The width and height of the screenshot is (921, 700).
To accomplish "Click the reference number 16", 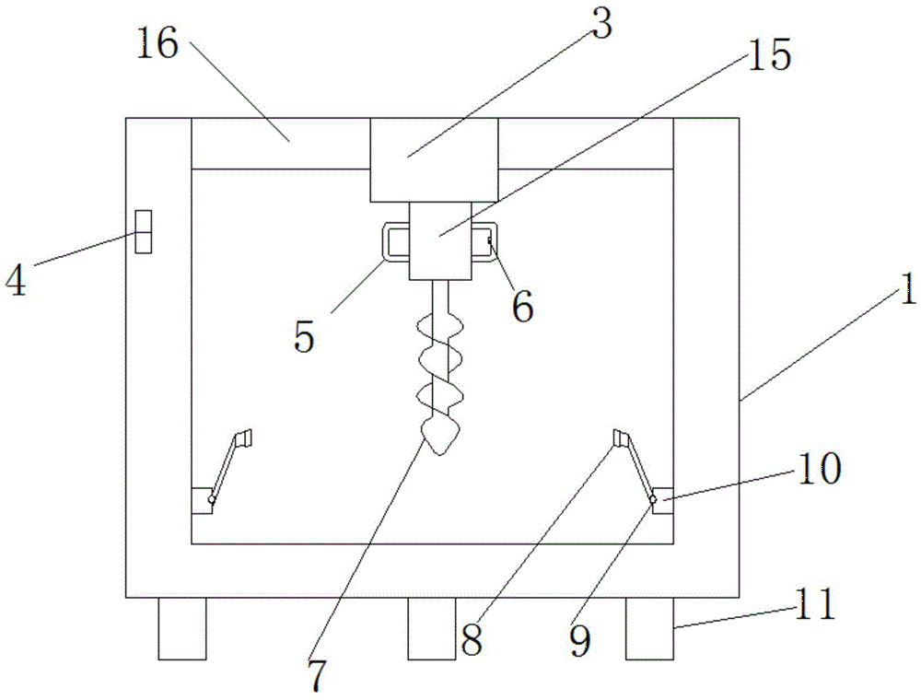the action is (157, 44).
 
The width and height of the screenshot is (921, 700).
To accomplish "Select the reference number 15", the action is (769, 56).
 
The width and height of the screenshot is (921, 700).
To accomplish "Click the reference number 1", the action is (908, 293).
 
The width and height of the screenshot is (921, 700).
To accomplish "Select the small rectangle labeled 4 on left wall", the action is (142, 231).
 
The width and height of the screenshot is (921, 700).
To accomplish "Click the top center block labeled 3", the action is (434, 158).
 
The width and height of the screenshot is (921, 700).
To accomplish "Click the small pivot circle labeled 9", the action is (653, 499).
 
